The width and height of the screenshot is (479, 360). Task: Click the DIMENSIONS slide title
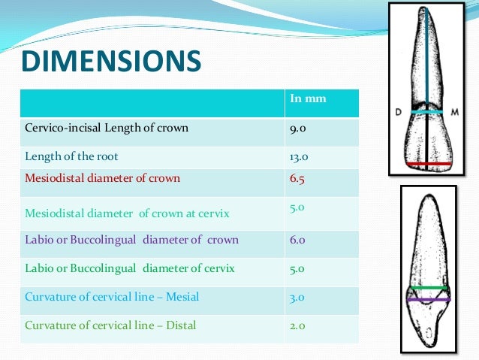point(110,62)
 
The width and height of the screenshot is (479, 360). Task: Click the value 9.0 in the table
point(297,128)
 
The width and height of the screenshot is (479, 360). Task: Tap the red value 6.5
point(297,179)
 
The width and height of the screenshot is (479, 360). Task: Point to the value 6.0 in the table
point(297,240)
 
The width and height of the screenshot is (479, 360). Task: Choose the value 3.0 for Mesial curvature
point(297,297)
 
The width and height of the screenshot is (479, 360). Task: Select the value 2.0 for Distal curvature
point(297,325)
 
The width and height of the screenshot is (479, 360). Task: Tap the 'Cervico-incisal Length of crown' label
point(107,128)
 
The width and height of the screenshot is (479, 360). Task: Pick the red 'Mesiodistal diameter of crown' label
point(102,179)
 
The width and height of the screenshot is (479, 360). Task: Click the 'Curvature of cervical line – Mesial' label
point(112,297)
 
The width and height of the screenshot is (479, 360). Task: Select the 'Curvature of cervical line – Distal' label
point(111,325)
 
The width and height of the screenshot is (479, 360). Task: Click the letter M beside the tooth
point(456,111)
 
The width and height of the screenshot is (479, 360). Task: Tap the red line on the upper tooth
point(426,163)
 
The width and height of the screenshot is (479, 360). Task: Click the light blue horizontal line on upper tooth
point(426,111)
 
